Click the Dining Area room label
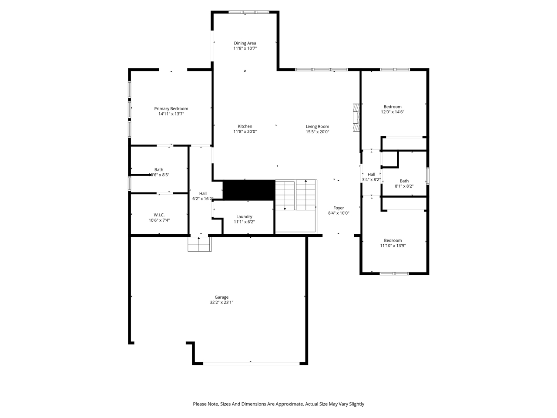tap(245, 43)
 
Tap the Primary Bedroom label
tap(171, 108)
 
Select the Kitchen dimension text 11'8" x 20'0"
tap(245, 131)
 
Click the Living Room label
tap(317, 126)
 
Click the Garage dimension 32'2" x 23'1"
tap(221, 302)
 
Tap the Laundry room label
tap(244, 216)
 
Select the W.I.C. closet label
tap(159, 215)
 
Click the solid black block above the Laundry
tap(249, 190)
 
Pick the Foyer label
tap(339, 208)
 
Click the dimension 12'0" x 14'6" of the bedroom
tap(393, 112)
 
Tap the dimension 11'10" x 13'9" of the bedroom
tap(393, 246)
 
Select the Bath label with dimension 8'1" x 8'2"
tap(404, 181)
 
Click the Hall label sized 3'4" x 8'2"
tap(371, 174)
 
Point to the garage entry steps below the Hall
tap(199, 244)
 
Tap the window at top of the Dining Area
tap(249, 12)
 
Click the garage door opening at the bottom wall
tap(251, 363)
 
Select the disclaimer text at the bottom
tap(278, 404)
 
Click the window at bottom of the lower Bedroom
tap(394, 273)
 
